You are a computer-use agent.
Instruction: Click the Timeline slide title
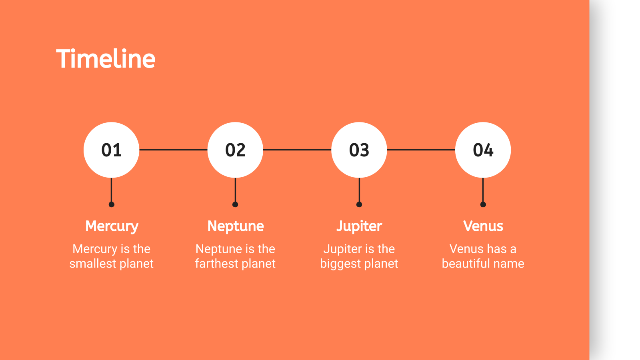(x=106, y=58)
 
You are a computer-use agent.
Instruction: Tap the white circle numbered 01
(x=112, y=150)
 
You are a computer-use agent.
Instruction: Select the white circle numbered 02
(x=235, y=150)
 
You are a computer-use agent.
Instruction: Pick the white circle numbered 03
(x=359, y=150)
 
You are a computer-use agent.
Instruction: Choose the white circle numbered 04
(x=483, y=150)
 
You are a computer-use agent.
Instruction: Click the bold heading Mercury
(x=112, y=226)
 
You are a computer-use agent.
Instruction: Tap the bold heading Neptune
(x=236, y=226)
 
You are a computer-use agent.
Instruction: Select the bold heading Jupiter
(x=359, y=226)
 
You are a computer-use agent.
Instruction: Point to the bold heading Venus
(x=483, y=226)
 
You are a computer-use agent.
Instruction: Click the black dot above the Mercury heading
(x=112, y=204)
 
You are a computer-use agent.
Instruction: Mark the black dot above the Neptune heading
(x=235, y=204)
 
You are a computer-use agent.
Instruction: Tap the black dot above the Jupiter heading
(x=359, y=204)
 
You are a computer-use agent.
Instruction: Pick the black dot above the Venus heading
(x=483, y=204)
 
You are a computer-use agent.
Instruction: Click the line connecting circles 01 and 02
(x=174, y=150)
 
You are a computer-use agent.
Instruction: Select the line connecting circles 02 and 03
(x=297, y=150)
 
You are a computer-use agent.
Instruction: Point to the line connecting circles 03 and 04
(x=421, y=150)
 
